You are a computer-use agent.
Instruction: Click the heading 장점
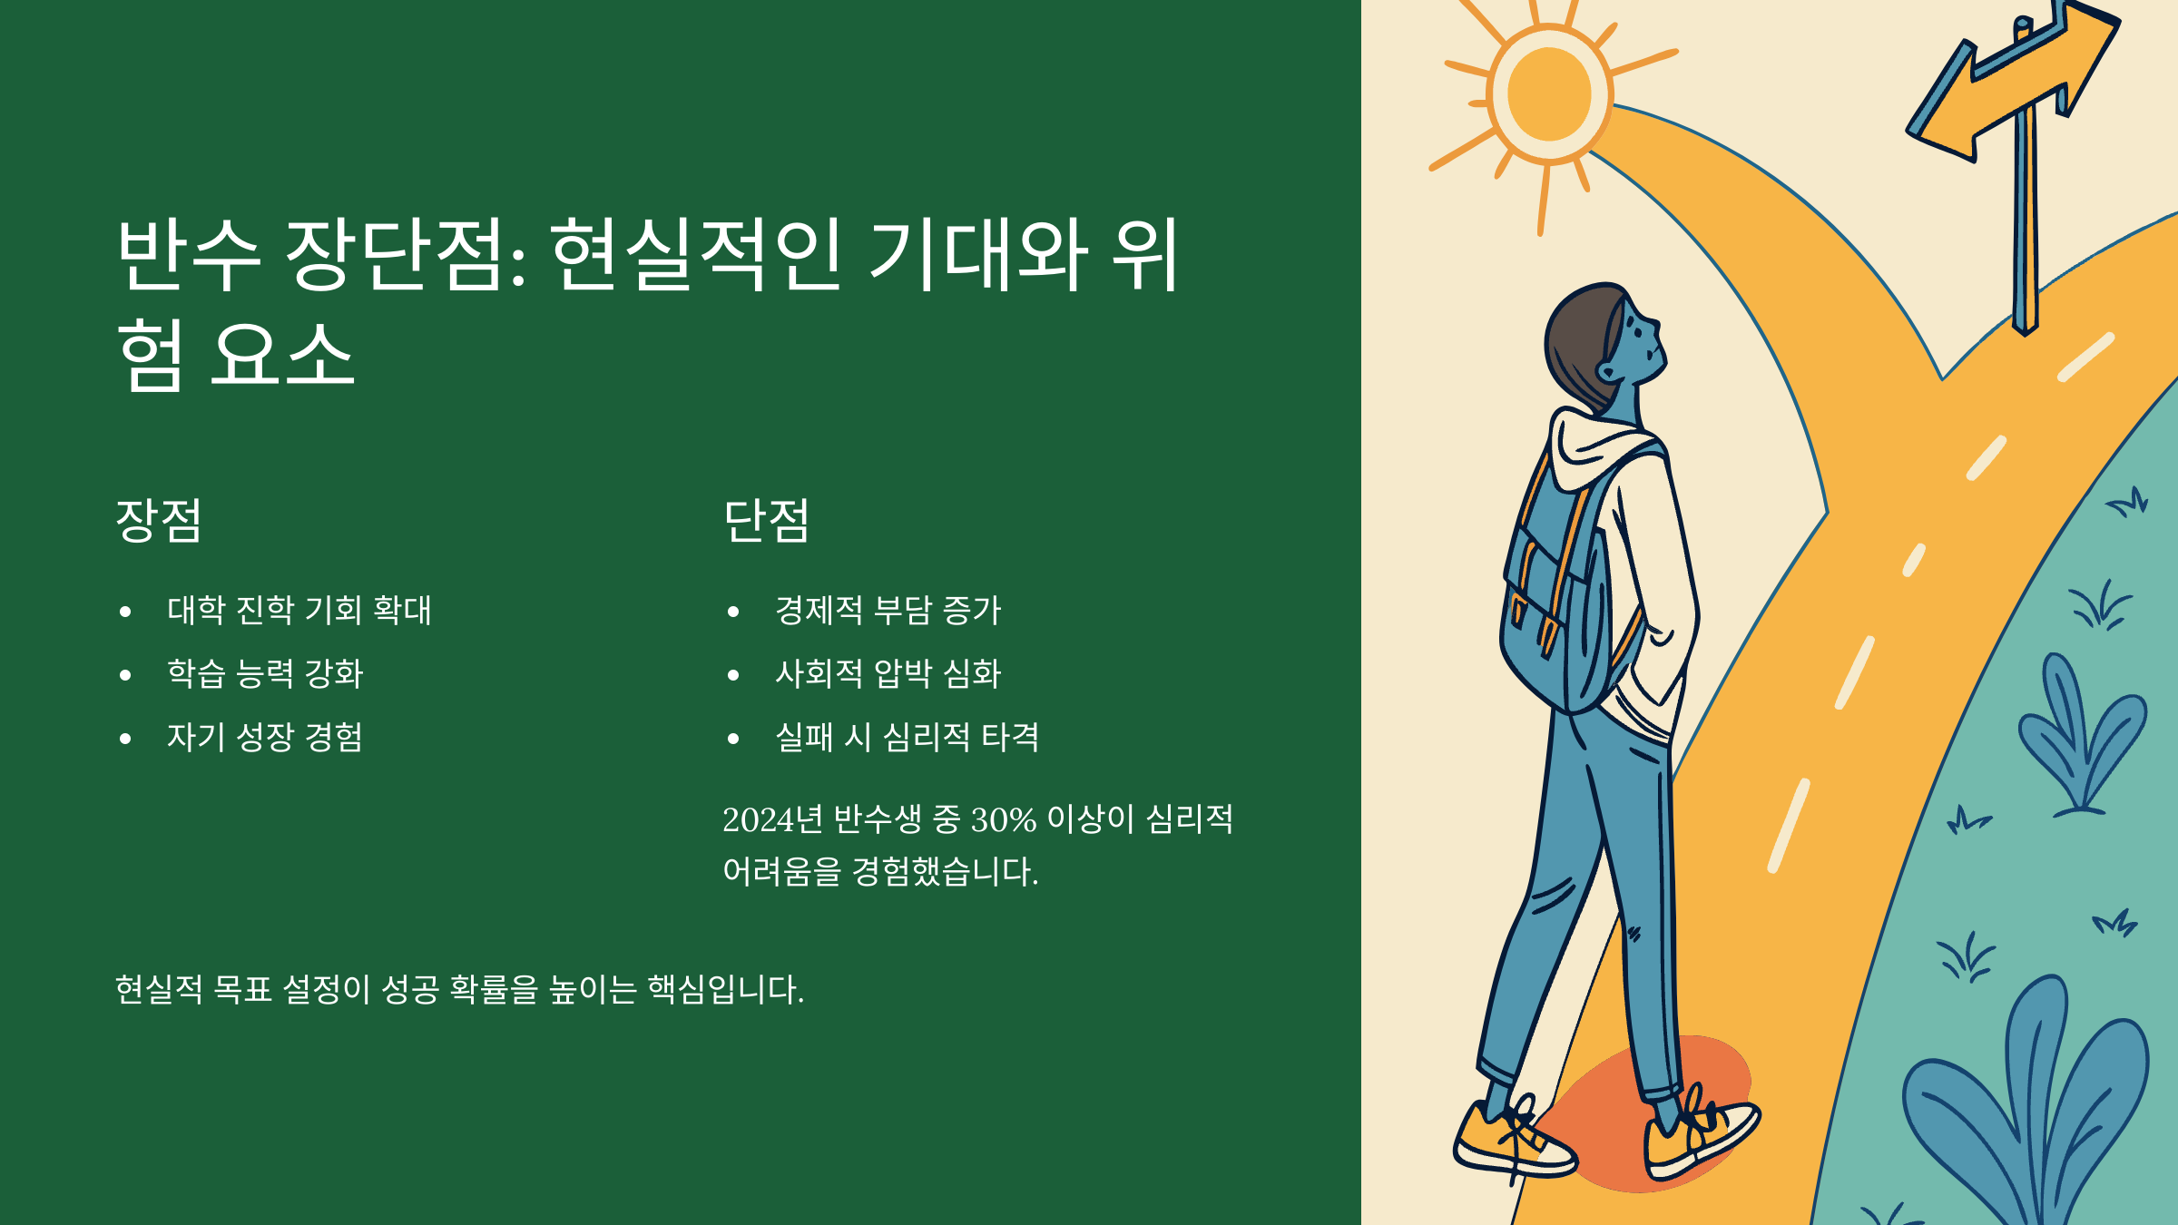pos(159,520)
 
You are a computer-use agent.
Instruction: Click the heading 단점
pos(766,520)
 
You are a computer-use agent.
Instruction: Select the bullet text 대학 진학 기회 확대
pos(299,610)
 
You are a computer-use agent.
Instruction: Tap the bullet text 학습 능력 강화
pos(265,673)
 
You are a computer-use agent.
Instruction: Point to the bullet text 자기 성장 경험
pos(265,737)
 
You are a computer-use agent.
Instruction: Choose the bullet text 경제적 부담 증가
pos(888,610)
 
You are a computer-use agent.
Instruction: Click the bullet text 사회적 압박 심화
pos(888,673)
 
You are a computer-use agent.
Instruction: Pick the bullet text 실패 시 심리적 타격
pos(907,737)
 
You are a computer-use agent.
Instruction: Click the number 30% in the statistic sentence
pos(1003,819)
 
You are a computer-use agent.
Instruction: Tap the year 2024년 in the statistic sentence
pos(772,819)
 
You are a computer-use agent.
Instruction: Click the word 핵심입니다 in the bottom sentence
pos(725,989)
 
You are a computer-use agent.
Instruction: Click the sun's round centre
pos(1549,94)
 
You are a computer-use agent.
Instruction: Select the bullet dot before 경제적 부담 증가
pos(733,612)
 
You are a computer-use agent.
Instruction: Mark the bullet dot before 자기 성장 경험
pos(125,739)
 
